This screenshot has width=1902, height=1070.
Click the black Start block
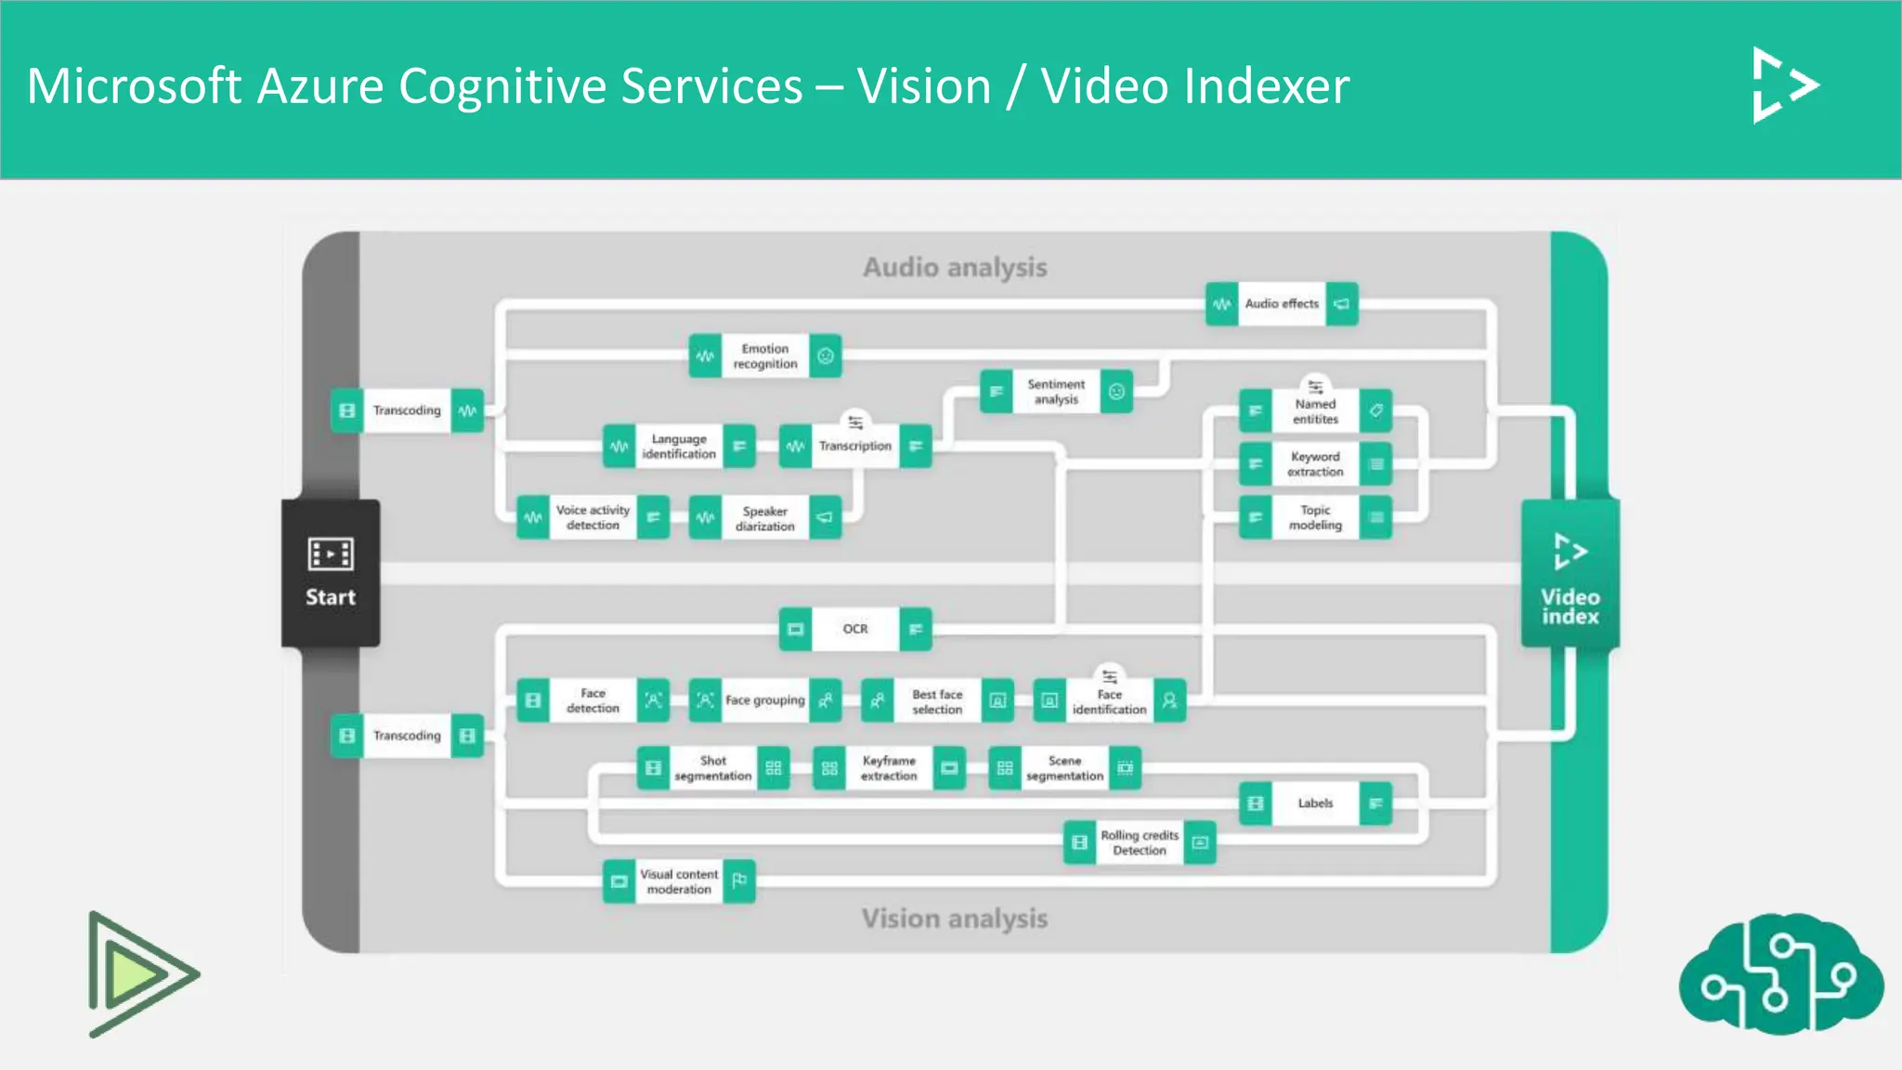(x=331, y=572)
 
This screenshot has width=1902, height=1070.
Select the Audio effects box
(x=1282, y=304)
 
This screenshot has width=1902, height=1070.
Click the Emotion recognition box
(x=764, y=356)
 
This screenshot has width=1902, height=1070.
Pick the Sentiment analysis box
(x=1056, y=392)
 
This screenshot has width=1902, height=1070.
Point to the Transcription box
(x=854, y=446)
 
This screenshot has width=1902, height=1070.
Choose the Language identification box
(x=679, y=446)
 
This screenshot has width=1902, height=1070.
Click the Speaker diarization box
(x=764, y=518)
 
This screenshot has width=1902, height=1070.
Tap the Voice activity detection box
(x=593, y=517)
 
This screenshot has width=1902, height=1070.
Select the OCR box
(x=854, y=629)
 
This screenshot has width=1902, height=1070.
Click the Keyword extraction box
(x=1315, y=464)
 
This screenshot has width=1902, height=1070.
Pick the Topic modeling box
(x=1315, y=517)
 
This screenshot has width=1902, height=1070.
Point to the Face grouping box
(x=764, y=700)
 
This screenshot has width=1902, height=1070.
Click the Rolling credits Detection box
(x=1139, y=842)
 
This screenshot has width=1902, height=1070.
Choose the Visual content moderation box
(x=679, y=881)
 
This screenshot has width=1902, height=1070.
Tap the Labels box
(x=1315, y=803)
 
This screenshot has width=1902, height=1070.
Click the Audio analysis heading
(x=955, y=267)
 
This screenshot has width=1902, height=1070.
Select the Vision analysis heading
(x=955, y=919)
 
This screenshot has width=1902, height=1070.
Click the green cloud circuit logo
(x=1779, y=973)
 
